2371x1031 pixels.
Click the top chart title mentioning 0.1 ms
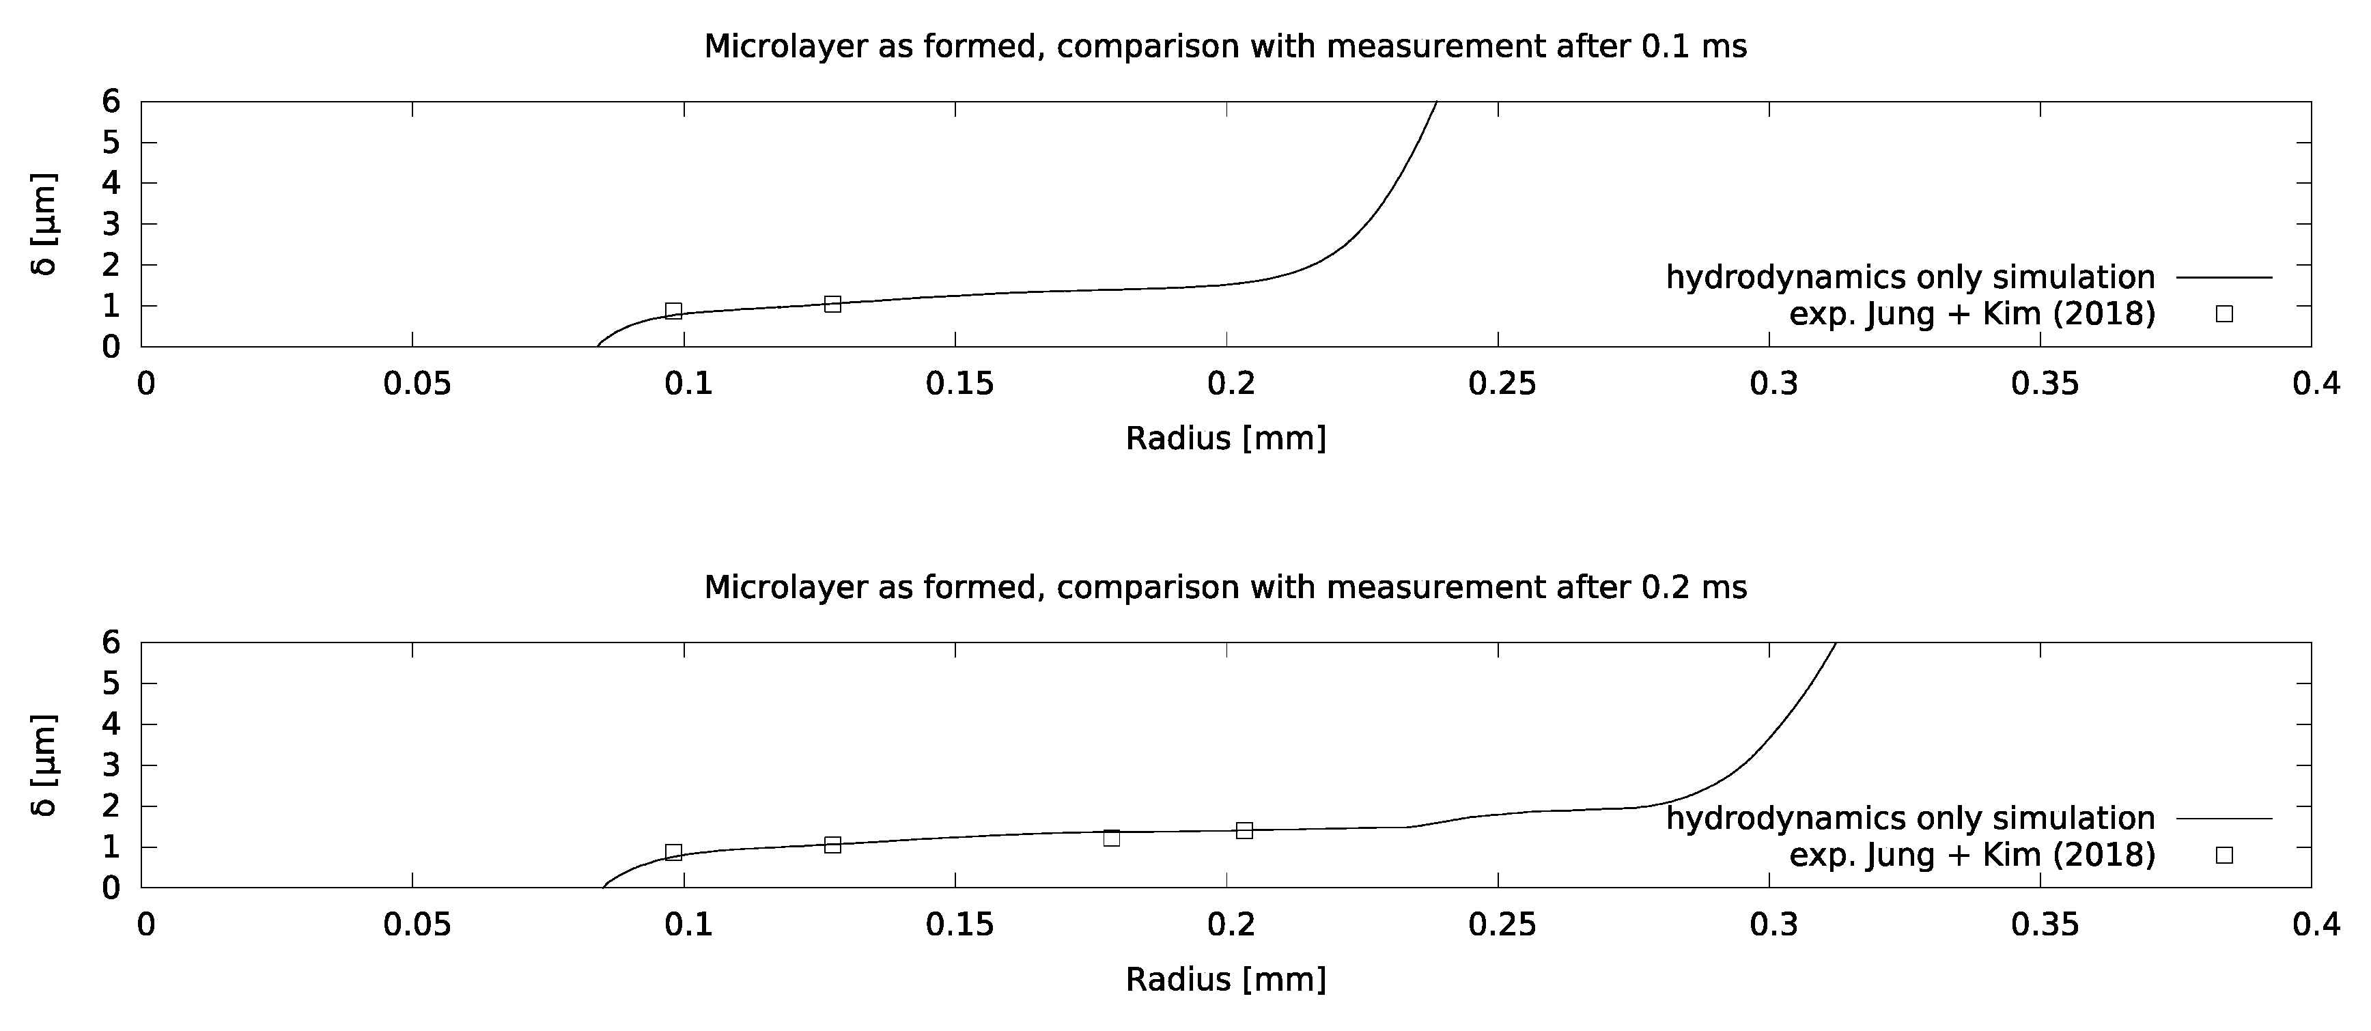(1224, 46)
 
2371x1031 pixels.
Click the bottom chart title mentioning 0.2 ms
(1224, 587)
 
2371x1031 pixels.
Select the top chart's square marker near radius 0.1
(673, 311)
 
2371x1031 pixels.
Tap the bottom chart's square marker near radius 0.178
(1111, 838)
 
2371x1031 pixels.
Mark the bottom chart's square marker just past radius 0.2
(1244, 830)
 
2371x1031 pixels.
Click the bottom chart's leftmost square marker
(673, 852)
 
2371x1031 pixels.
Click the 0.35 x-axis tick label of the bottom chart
(2045, 925)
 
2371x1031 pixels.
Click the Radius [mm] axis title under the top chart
(1225, 438)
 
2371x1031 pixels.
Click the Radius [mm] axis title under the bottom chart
(1225, 979)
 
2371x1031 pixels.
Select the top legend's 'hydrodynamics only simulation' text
(1910, 277)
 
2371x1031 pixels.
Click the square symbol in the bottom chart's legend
(2223, 855)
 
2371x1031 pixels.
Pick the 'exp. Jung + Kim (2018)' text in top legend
(1972, 314)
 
